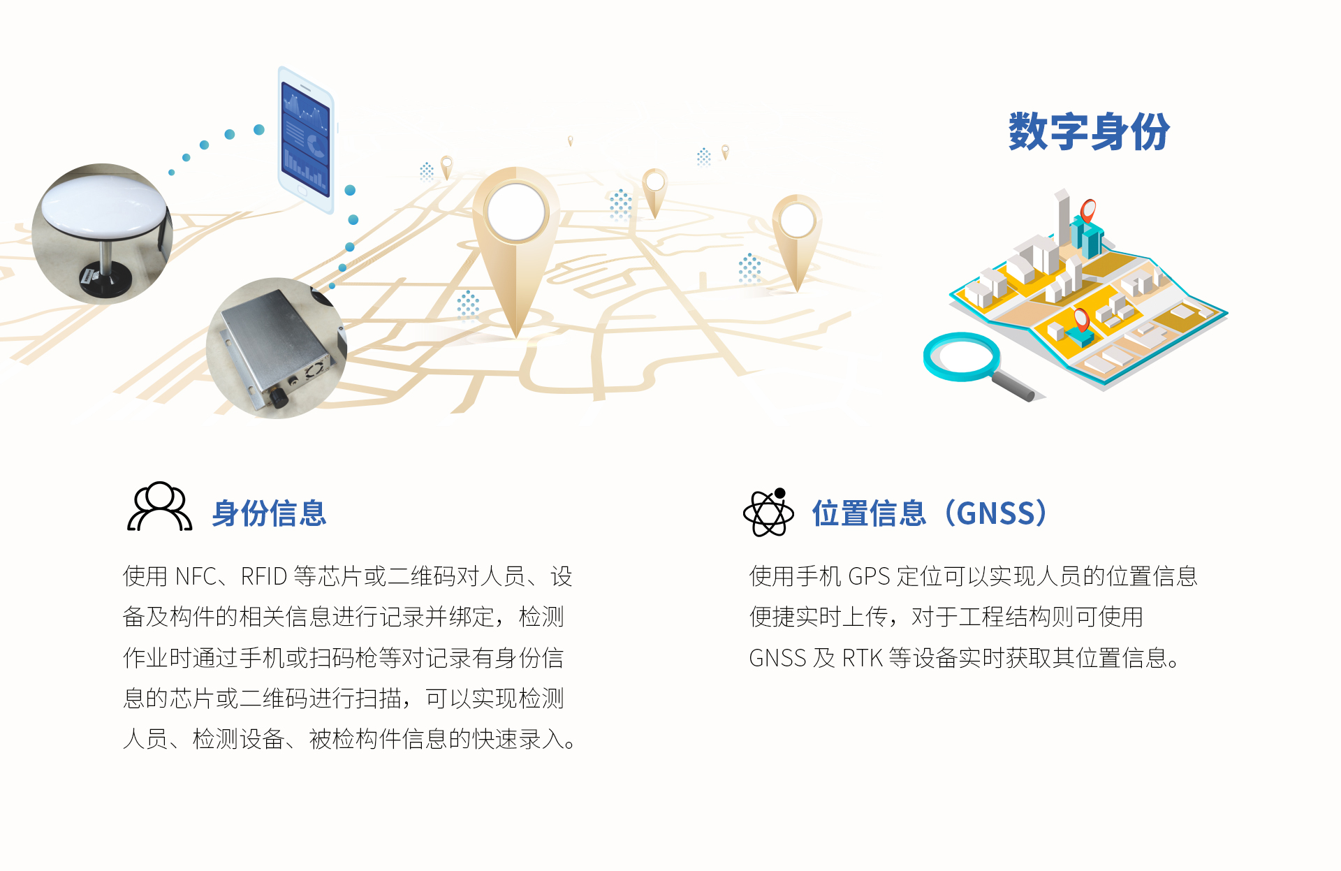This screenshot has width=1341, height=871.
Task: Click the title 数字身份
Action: [1089, 131]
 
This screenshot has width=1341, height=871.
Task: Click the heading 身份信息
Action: [269, 513]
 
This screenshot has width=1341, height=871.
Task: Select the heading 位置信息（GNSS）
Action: [930, 513]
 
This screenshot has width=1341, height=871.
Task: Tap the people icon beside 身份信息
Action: [159, 506]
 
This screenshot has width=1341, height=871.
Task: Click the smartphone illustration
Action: [307, 140]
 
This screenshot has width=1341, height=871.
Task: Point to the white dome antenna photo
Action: [103, 233]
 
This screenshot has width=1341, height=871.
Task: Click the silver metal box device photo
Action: [277, 348]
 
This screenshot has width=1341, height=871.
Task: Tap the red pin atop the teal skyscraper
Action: [1088, 210]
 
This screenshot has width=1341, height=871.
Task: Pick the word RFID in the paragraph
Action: [264, 576]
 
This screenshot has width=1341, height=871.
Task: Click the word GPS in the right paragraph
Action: [869, 576]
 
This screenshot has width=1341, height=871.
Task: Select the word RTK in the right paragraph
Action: [863, 658]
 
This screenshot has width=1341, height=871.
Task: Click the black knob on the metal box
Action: [279, 399]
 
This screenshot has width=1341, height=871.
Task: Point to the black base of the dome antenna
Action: [104, 279]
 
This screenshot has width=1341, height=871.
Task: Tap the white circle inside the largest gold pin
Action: [516, 211]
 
